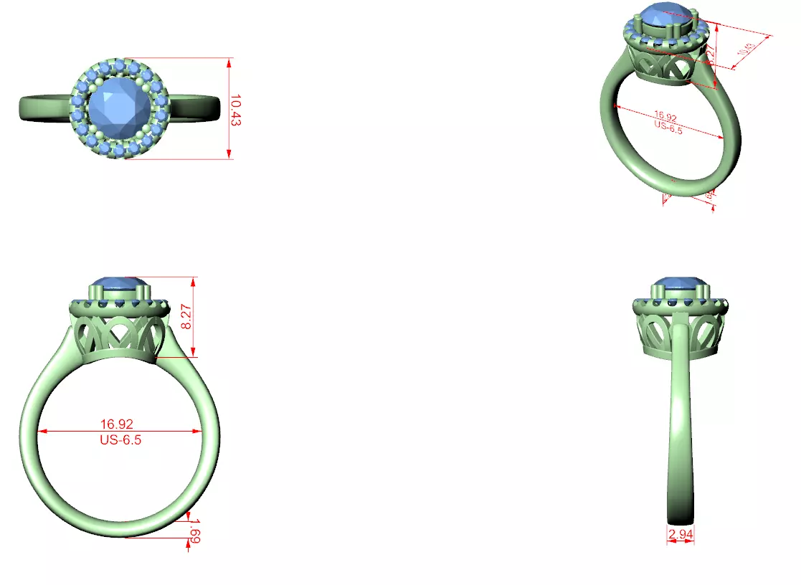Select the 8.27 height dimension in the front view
point(186,315)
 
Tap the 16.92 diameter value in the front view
point(117,424)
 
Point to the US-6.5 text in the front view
point(120,440)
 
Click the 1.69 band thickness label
point(194,531)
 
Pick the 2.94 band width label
point(681,534)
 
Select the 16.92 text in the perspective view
point(665,116)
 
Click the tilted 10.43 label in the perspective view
point(746,49)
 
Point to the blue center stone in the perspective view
point(665,16)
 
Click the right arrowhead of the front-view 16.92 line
point(197,432)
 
